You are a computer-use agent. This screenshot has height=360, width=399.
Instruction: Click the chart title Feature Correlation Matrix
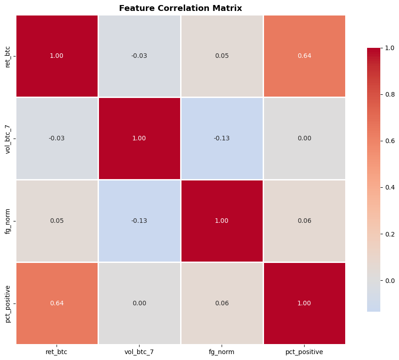tap(181, 8)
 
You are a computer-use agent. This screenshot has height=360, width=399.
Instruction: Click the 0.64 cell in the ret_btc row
tap(304, 56)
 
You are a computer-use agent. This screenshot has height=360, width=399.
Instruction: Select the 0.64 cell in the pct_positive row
tap(57, 303)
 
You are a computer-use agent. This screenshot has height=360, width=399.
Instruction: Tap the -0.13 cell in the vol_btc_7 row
tap(222, 138)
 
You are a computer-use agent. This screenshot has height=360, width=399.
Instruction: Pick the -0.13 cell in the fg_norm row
tap(140, 221)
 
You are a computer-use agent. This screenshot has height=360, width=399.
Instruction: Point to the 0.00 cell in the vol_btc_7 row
tap(304, 138)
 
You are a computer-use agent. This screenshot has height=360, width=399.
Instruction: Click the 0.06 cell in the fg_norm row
tap(304, 221)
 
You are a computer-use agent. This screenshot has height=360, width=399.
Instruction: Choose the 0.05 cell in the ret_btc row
tap(222, 56)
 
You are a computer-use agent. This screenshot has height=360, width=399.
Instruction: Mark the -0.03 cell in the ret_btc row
tap(140, 56)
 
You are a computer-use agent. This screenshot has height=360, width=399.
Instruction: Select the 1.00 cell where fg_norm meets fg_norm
tap(222, 221)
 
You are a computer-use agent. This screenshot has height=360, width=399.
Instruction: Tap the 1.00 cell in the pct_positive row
tap(304, 303)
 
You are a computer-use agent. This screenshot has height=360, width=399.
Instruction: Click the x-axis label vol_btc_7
tap(140, 352)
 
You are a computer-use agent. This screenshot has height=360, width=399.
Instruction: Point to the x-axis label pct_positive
tap(304, 352)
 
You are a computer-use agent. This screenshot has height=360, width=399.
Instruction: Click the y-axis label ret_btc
tap(8, 56)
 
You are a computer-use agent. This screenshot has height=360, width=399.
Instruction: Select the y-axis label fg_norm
tap(8, 221)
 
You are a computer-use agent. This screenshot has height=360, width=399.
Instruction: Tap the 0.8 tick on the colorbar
tap(390, 94)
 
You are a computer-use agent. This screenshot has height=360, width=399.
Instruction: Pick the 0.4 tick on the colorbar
tap(390, 187)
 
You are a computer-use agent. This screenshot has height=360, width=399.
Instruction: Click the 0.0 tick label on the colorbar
tap(390, 280)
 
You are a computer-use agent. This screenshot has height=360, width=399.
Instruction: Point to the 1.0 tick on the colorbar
tap(390, 48)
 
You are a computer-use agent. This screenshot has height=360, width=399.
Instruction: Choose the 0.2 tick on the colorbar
tap(390, 234)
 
